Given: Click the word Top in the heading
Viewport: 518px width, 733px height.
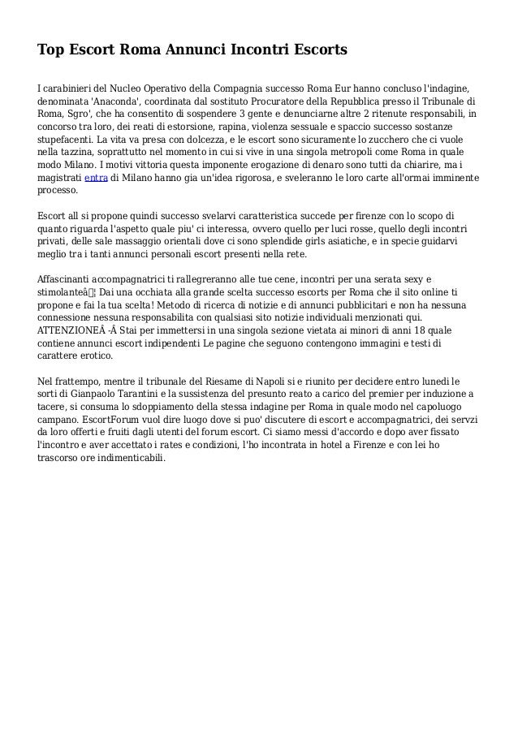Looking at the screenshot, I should tap(51, 51).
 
